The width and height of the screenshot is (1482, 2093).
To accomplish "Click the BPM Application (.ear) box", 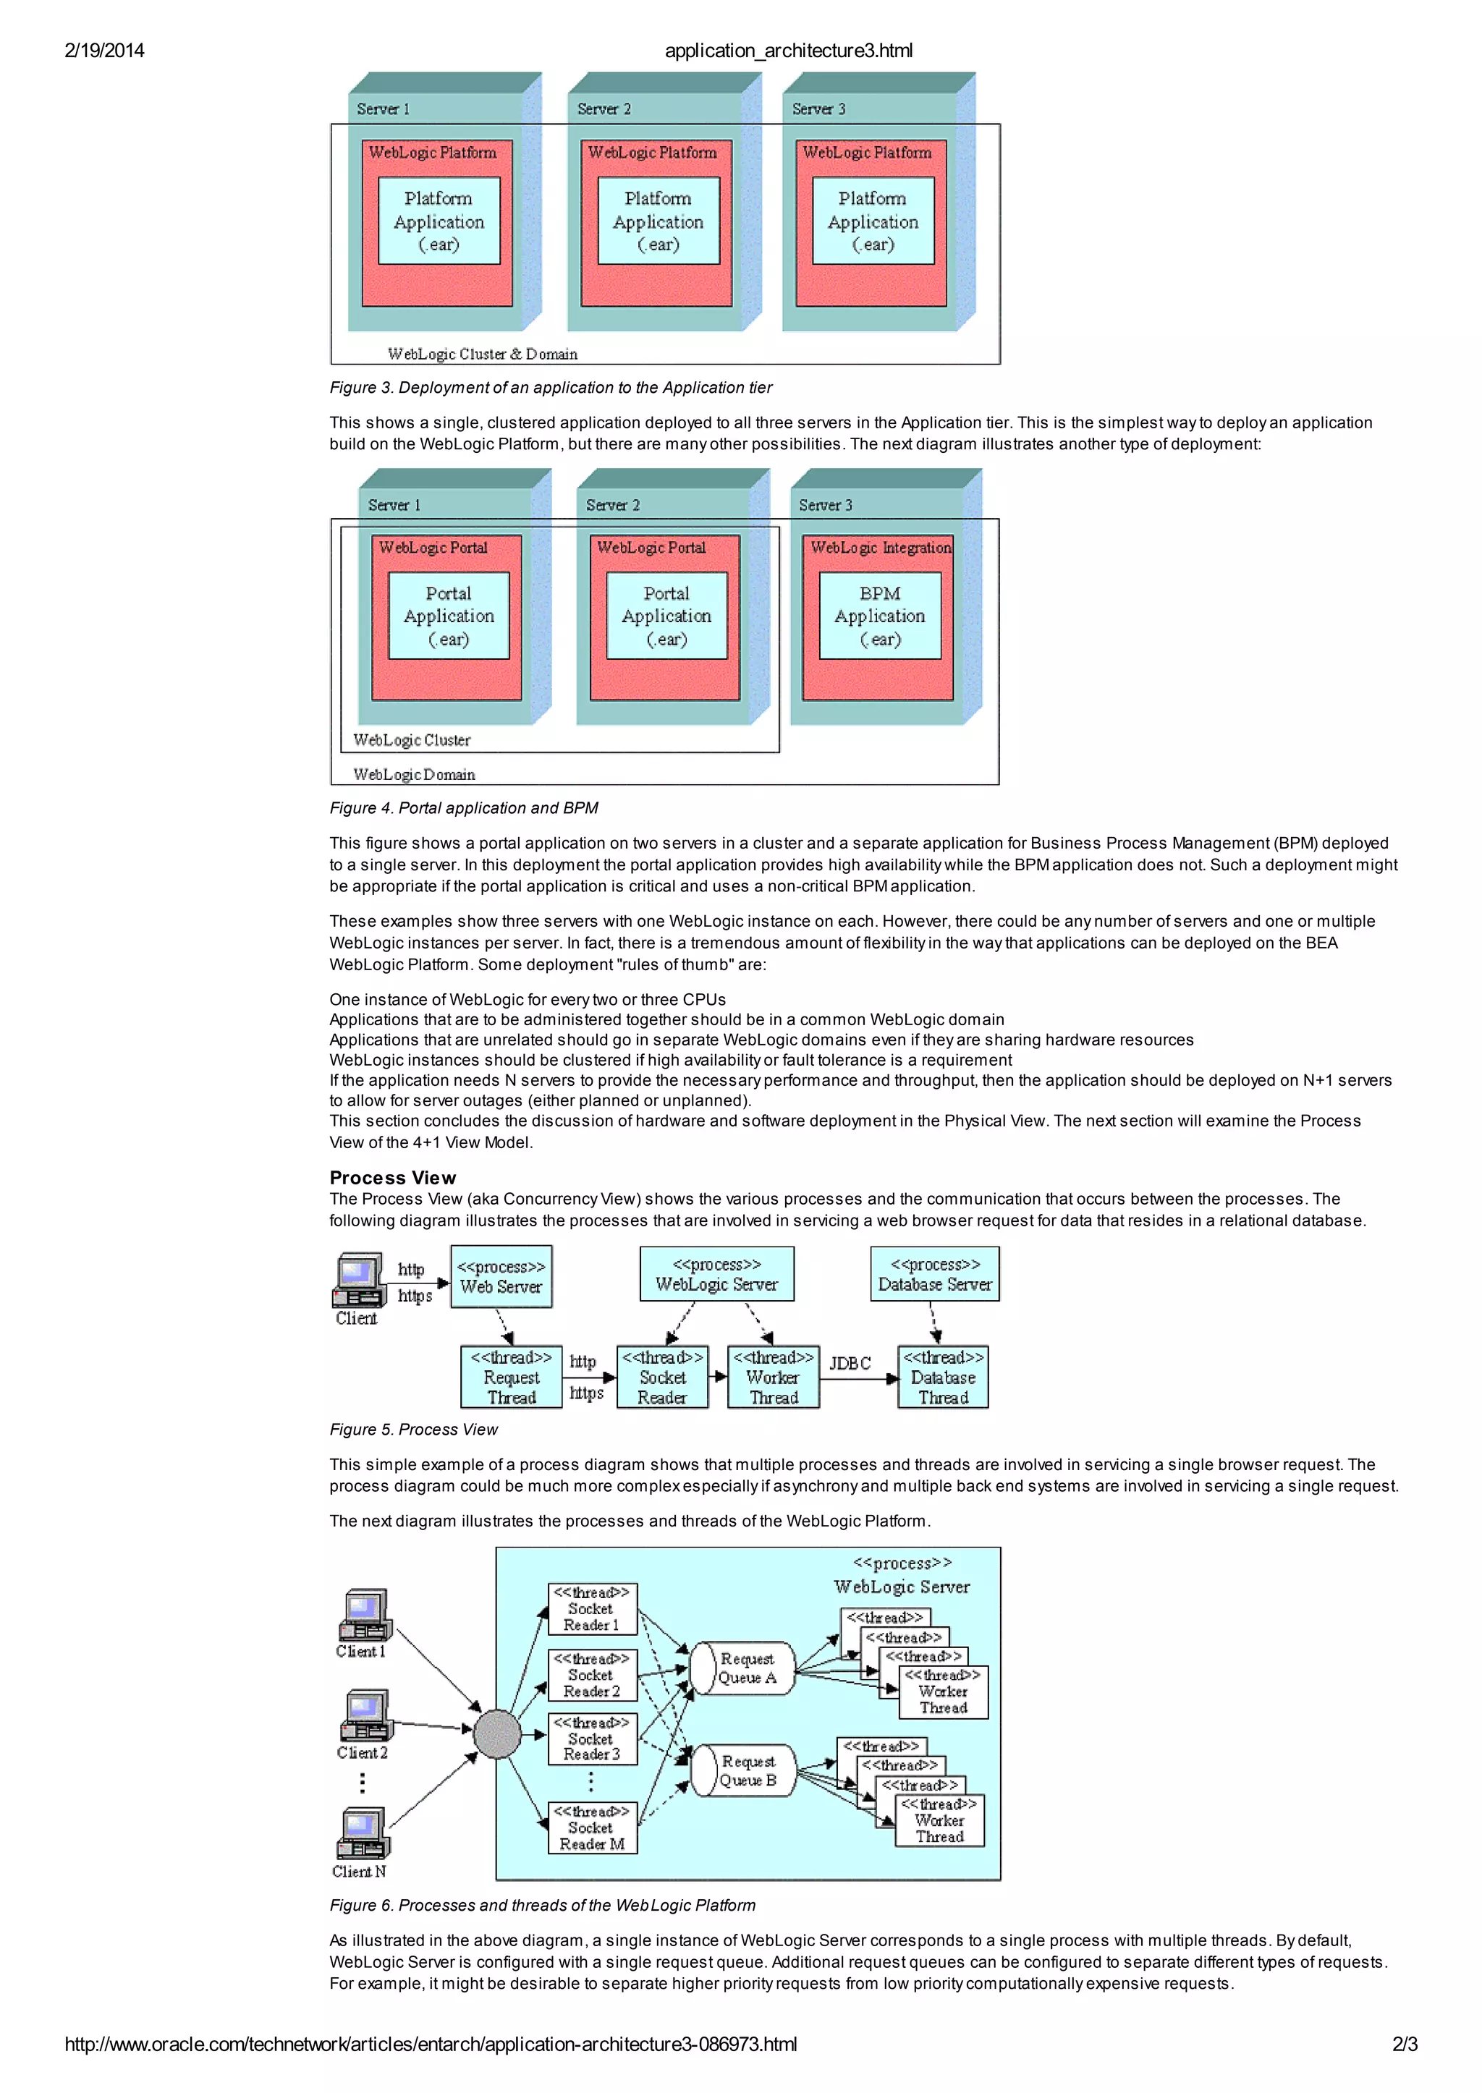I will tap(880, 616).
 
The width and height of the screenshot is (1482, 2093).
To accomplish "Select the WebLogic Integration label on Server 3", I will tap(881, 548).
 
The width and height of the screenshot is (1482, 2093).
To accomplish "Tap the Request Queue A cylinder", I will tap(742, 1669).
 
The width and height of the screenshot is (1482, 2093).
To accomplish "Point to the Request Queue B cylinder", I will tap(743, 1771).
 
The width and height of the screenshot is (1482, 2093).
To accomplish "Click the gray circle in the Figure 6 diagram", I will tap(497, 1734).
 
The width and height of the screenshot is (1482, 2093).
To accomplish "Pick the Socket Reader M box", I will tap(592, 1827).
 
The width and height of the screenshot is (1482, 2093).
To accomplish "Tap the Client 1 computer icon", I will tap(365, 1615).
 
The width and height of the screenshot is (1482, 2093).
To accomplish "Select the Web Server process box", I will tap(501, 1276).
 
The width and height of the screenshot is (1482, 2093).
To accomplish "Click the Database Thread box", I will tap(943, 1377).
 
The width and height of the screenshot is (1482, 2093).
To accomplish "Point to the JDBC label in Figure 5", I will tap(850, 1363).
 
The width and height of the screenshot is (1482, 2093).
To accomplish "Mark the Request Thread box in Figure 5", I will tap(511, 1377).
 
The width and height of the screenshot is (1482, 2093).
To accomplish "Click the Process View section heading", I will tap(392, 1178).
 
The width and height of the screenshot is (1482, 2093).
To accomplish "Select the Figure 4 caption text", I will tap(464, 808).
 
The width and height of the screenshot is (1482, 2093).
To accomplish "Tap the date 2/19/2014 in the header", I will tap(104, 51).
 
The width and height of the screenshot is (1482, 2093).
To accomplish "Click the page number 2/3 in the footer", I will tap(1405, 2045).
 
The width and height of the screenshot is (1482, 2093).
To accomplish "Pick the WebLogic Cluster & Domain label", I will tap(482, 354).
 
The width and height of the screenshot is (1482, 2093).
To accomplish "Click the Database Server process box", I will tap(934, 1275).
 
